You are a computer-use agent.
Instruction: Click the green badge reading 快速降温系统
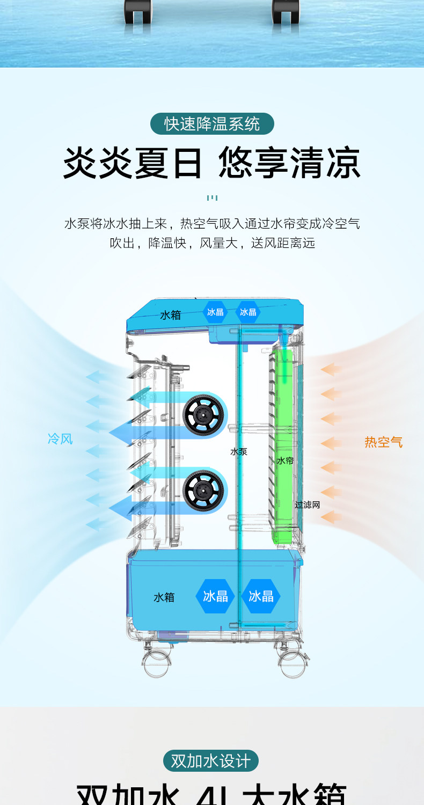(212, 124)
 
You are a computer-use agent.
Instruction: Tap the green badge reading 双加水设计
(211, 761)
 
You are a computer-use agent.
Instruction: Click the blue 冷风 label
(60, 439)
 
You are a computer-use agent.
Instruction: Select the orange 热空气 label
(383, 442)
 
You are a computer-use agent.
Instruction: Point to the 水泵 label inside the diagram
(239, 452)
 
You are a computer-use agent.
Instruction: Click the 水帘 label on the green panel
(285, 460)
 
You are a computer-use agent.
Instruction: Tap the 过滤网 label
(308, 505)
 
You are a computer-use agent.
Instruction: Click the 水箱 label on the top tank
(171, 315)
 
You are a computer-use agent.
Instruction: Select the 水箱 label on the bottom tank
(164, 597)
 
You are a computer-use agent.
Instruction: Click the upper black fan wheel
(203, 414)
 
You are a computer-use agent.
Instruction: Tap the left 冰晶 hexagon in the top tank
(215, 312)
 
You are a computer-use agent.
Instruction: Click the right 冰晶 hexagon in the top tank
(248, 312)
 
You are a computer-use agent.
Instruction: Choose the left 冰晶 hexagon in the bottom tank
(215, 596)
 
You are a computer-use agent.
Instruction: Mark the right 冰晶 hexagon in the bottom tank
(261, 596)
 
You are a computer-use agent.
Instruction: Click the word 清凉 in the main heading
(325, 163)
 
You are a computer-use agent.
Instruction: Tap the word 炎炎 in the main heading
(98, 163)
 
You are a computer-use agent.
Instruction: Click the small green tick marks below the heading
(212, 198)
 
